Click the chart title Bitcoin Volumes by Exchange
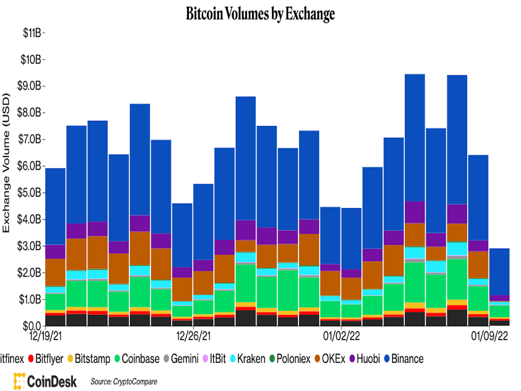(x=260, y=14)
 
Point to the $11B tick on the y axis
(x=32, y=33)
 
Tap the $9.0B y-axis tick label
(x=29, y=86)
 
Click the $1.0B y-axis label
(x=29, y=299)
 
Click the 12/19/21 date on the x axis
(x=46, y=336)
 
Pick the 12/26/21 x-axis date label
(x=193, y=336)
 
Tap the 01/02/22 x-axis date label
(x=341, y=336)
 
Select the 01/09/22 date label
(x=489, y=336)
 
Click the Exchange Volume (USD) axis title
(x=6, y=163)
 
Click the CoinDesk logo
(x=45, y=381)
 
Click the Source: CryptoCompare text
(x=124, y=382)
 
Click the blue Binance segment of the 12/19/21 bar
(x=55, y=206)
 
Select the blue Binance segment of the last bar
(x=499, y=272)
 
